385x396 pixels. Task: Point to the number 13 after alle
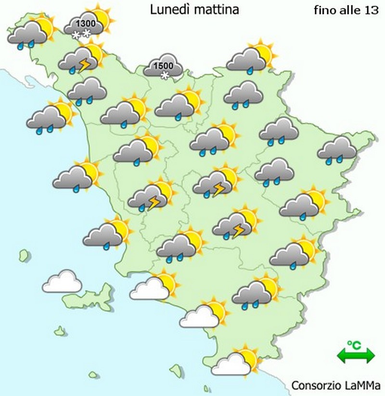[372, 10]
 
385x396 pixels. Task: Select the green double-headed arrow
[356, 356]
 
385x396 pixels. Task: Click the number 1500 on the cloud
[164, 66]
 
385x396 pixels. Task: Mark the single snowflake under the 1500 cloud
[165, 76]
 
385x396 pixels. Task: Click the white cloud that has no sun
[62, 282]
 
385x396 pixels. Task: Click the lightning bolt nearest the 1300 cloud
[85, 64]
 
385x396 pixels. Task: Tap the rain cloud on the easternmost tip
[336, 148]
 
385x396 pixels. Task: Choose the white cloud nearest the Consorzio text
[232, 364]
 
